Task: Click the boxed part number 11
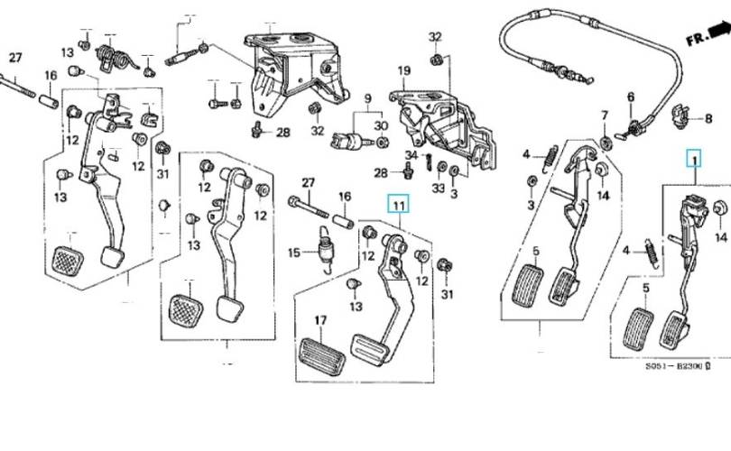(399, 204)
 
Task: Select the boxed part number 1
(694, 160)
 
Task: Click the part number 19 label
(404, 71)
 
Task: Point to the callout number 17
(320, 320)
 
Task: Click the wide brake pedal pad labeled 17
(321, 357)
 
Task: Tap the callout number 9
(368, 99)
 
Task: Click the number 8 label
(708, 119)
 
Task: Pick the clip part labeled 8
(682, 116)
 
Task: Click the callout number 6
(631, 97)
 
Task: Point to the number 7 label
(605, 115)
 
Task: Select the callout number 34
(412, 155)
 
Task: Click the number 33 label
(439, 188)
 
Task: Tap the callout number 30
(381, 125)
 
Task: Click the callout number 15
(293, 253)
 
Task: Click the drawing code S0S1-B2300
(678, 366)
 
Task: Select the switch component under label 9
(351, 140)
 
